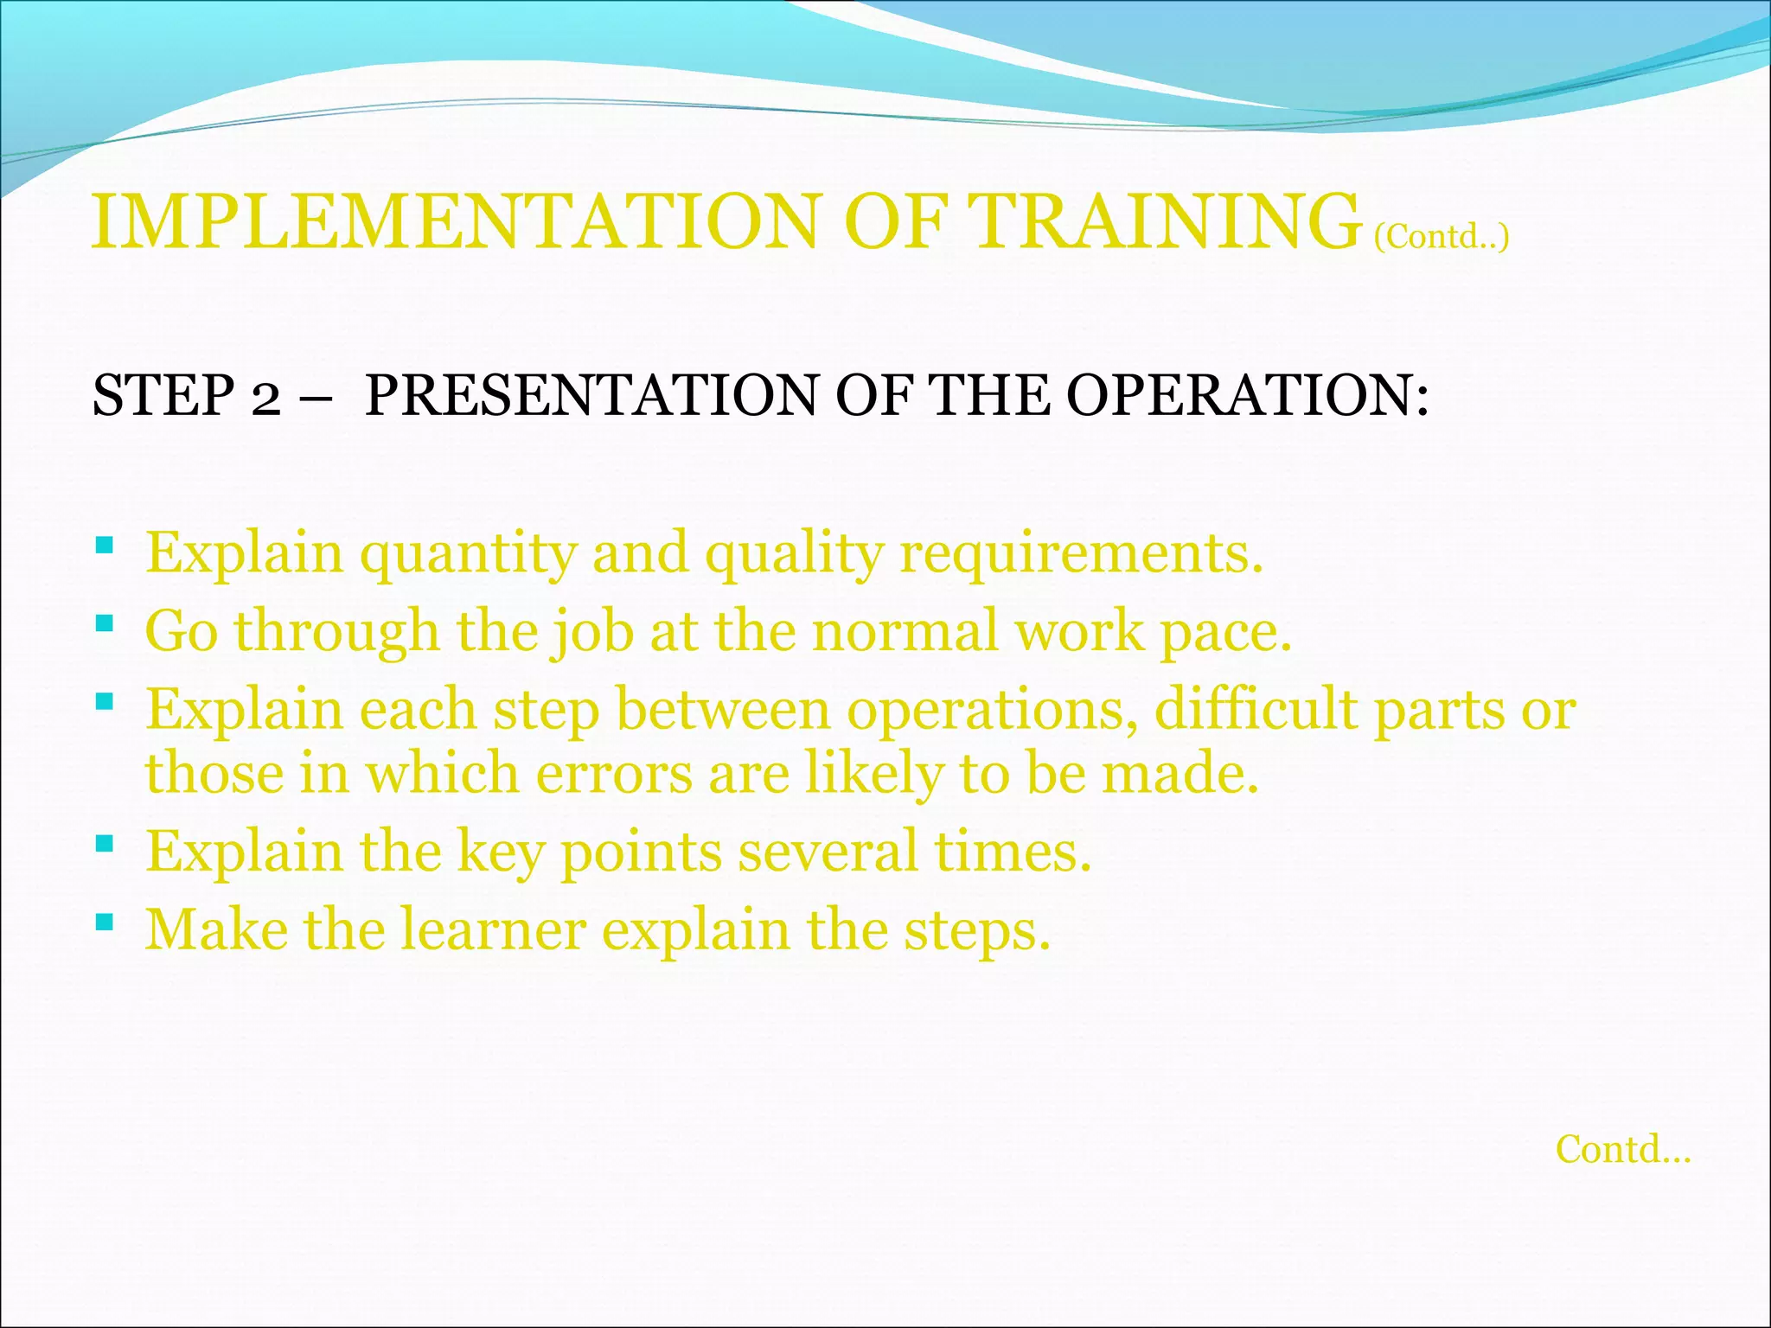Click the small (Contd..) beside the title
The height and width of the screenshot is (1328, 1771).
[x=1442, y=236]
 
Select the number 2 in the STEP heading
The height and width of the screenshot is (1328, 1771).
[x=266, y=398]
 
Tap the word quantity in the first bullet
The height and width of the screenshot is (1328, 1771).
[x=467, y=553]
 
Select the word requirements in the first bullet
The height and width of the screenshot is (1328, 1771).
[x=1080, y=553]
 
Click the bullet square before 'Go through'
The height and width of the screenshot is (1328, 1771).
[x=105, y=622]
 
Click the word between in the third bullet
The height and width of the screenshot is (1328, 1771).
[x=723, y=709]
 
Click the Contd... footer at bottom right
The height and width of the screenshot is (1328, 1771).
[x=1623, y=1150]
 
